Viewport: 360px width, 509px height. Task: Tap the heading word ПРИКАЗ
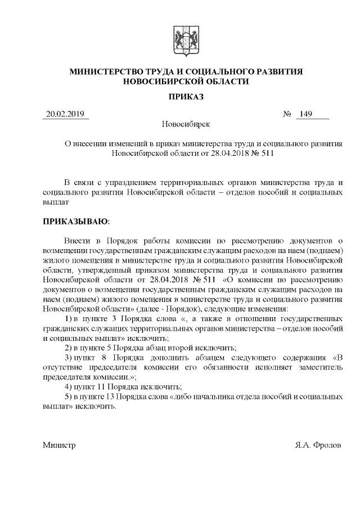pyautogui.click(x=186, y=96)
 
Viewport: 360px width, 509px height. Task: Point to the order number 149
pyautogui.click(x=306, y=115)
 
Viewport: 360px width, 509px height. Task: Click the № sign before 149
pyautogui.click(x=287, y=115)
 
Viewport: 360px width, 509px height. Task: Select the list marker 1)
pyautogui.click(x=69, y=319)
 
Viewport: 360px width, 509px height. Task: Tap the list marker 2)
pyautogui.click(x=69, y=348)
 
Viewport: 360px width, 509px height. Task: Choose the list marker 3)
pyautogui.click(x=69, y=357)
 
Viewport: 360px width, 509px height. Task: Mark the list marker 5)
pyautogui.click(x=69, y=396)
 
